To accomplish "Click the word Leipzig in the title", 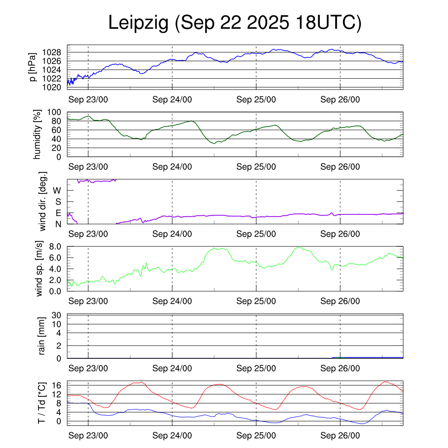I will point(138,23).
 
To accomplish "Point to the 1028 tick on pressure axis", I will point(54,52).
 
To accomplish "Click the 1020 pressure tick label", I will point(54,87).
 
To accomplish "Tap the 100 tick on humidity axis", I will point(56,112).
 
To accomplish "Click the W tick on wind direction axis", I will point(57,191).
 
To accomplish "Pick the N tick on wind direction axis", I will point(58,224).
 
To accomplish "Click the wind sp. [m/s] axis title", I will point(40,269).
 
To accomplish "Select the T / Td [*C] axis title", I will point(42,402).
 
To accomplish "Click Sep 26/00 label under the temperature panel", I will point(340,436).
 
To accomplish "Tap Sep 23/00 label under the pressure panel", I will point(88,99).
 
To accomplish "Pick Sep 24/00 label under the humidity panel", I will point(172,167).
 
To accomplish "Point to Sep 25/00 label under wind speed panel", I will point(256,301).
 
